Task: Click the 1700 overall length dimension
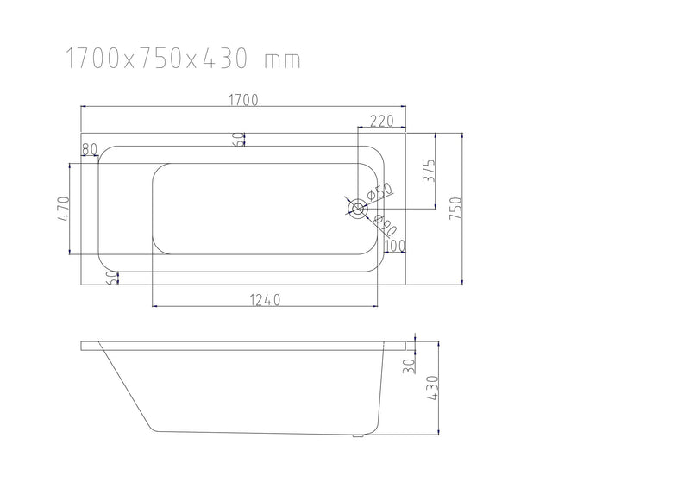pyautogui.click(x=244, y=99)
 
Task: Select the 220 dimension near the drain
pyautogui.click(x=382, y=122)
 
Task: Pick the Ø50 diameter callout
pyautogui.click(x=379, y=191)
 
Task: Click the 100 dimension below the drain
pyautogui.click(x=394, y=247)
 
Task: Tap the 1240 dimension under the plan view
pyautogui.click(x=266, y=300)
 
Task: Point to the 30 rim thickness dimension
pyautogui.click(x=409, y=365)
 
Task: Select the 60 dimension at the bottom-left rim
pyautogui.click(x=111, y=277)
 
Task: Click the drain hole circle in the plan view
pyautogui.click(x=356, y=208)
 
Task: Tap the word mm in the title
pyautogui.click(x=283, y=59)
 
